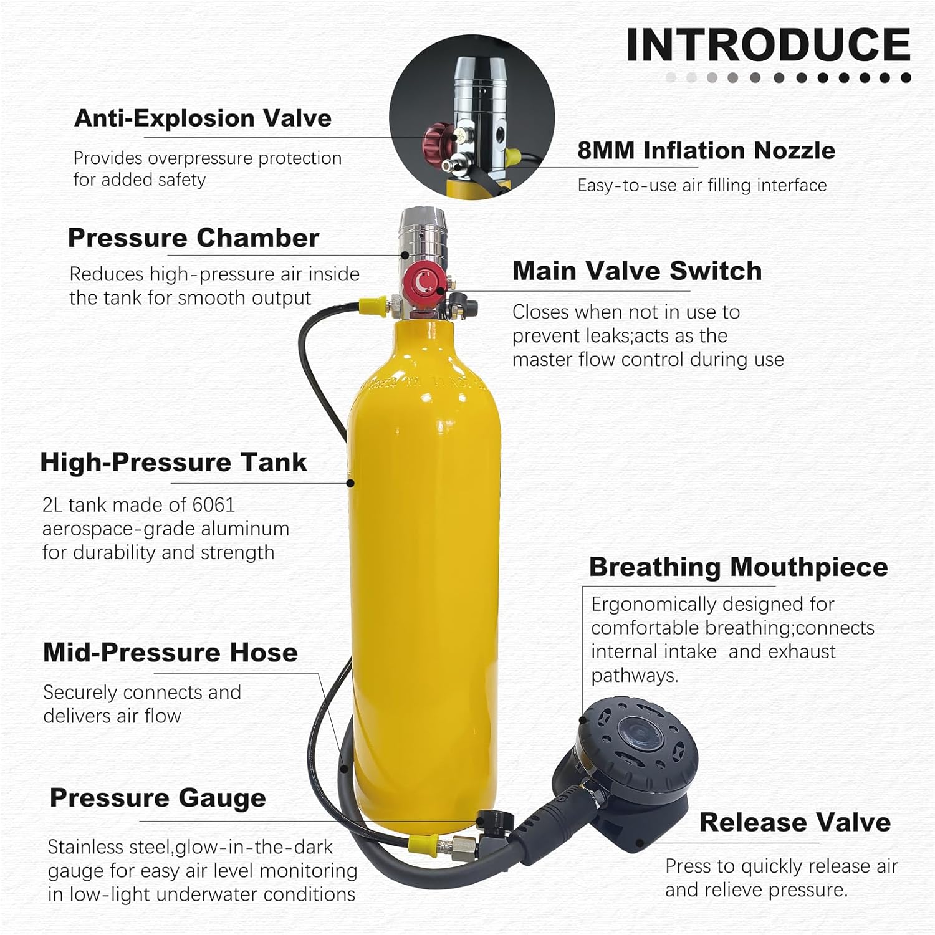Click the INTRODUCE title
click(768, 45)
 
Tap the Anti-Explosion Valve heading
click(203, 118)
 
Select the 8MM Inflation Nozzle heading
click(706, 150)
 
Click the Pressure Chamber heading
click(193, 237)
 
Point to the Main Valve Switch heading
click(637, 271)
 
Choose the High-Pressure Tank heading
click(173, 463)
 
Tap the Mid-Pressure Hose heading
click(170, 653)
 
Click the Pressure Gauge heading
click(158, 798)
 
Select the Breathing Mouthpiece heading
click(738, 567)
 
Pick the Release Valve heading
click(795, 823)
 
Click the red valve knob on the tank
click(423, 283)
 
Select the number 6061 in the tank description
click(213, 505)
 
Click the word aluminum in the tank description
click(248, 529)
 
